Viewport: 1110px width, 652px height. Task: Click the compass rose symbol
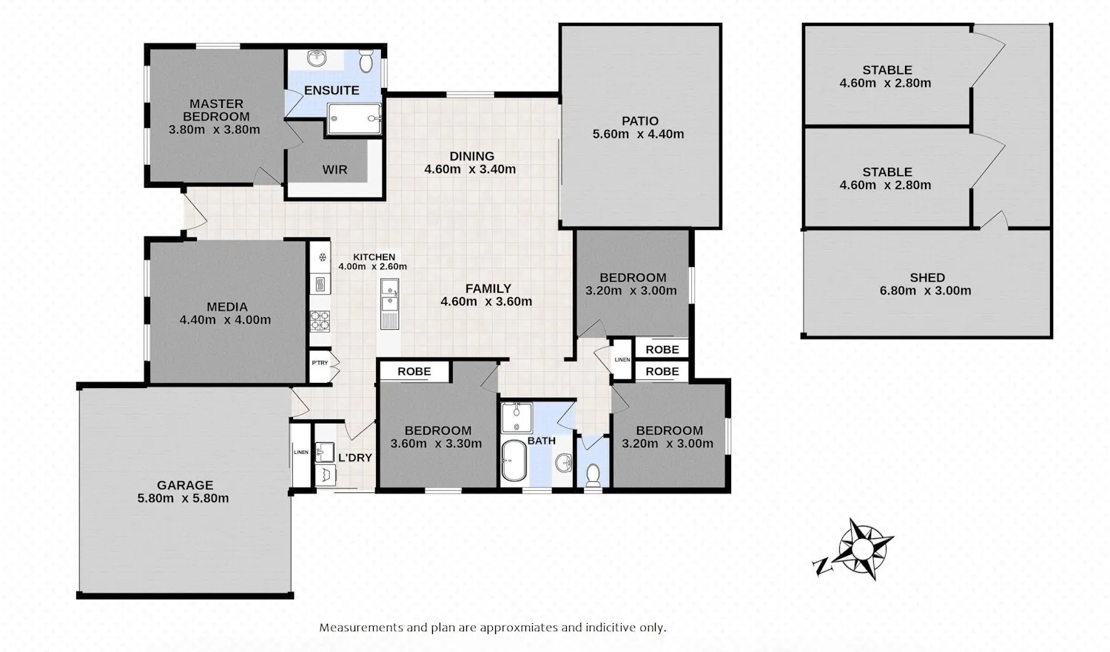863,549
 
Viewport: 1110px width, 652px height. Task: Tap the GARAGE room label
185,485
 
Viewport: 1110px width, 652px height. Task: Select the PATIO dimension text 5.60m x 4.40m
638,134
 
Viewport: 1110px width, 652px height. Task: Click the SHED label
927,278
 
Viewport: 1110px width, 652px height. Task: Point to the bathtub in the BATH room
514,461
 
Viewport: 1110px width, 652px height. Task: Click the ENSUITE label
332,91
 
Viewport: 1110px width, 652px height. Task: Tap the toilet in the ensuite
366,61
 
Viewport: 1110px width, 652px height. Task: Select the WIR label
335,170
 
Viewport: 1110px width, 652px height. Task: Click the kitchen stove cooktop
320,321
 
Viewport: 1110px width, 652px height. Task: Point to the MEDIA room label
227,307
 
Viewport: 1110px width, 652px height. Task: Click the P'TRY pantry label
320,363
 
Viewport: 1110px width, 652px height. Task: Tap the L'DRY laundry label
354,458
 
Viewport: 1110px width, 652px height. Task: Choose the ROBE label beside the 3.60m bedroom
414,371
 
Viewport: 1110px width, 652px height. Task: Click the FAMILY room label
488,288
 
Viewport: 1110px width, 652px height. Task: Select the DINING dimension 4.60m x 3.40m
470,169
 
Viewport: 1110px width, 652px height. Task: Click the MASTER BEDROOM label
216,110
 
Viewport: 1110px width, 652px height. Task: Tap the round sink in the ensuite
317,58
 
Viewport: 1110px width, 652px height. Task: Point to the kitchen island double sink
389,295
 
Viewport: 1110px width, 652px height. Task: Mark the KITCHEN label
374,257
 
